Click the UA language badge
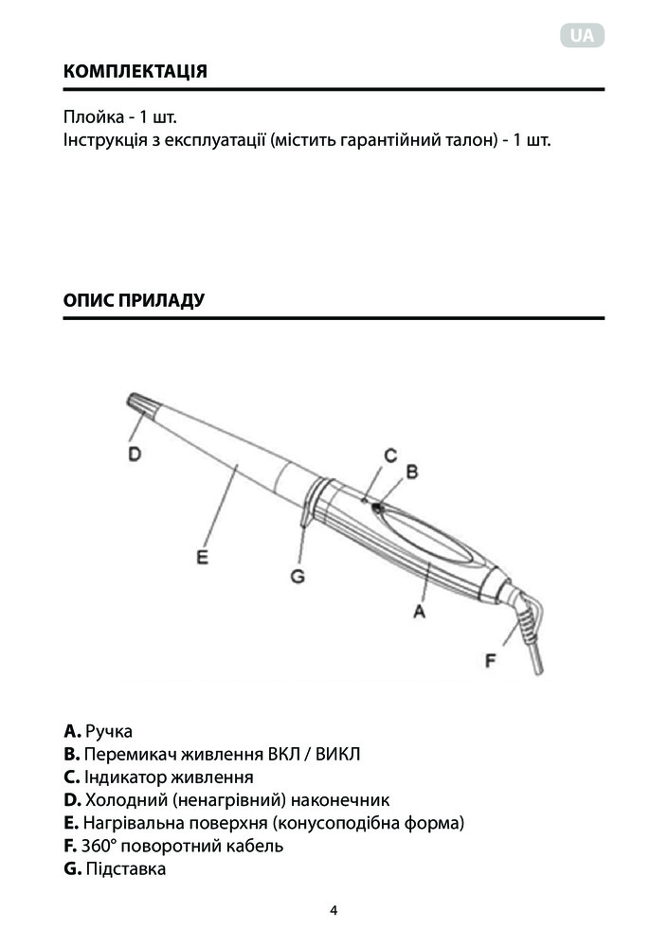[583, 37]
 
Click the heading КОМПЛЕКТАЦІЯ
[135, 72]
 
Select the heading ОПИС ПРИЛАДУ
[134, 301]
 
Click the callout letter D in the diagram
[135, 455]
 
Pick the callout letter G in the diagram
[297, 575]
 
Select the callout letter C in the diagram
[389, 454]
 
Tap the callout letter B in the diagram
[411, 471]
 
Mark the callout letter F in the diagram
[491, 660]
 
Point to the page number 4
[334, 911]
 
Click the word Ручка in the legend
[109, 732]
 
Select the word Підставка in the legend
[125, 868]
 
